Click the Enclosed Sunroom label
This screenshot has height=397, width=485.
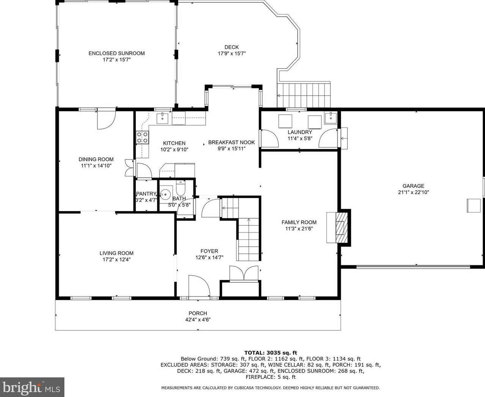(116, 54)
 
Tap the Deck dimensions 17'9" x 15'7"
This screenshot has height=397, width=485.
(232, 54)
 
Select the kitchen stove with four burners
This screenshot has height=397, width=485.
(142, 137)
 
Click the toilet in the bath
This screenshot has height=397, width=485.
(181, 188)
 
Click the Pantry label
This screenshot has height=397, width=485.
(146, 194)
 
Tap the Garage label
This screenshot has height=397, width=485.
(413, 186)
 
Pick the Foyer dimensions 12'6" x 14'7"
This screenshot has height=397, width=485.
(209, 258)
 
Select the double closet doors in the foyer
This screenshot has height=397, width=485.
(244, 274)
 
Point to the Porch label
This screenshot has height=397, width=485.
(198, 313)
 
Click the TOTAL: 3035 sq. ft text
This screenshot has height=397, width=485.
(271, 353)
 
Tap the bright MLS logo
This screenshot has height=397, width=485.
(32, 387)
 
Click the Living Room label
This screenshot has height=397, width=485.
(116, 253)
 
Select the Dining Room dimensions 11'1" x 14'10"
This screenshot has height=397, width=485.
(96, 165)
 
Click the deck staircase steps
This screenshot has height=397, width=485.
(304, 95)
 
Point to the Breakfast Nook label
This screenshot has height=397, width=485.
(232, 142)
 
